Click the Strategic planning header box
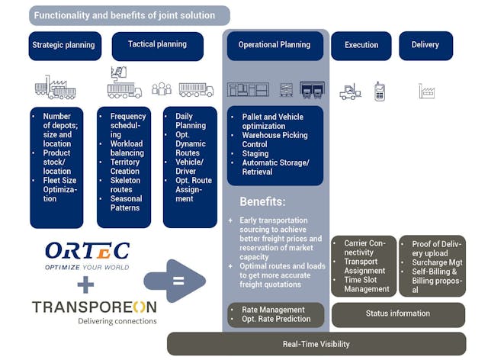click(63, 46)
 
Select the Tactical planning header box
click(157, 46)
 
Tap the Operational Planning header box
click(274, 46)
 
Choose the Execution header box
click(361, 46)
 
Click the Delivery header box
click(425, 46)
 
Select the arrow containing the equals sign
click(175, 281)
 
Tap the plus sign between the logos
click(86, 284)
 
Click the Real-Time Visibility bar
click(316, 344)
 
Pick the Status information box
click(397, 314)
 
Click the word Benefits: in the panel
click(263, 203)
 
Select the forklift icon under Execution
click(350, 92)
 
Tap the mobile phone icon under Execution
click(379, 91)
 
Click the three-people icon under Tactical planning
click(161, 89)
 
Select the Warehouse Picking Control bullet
click(275, 140)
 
